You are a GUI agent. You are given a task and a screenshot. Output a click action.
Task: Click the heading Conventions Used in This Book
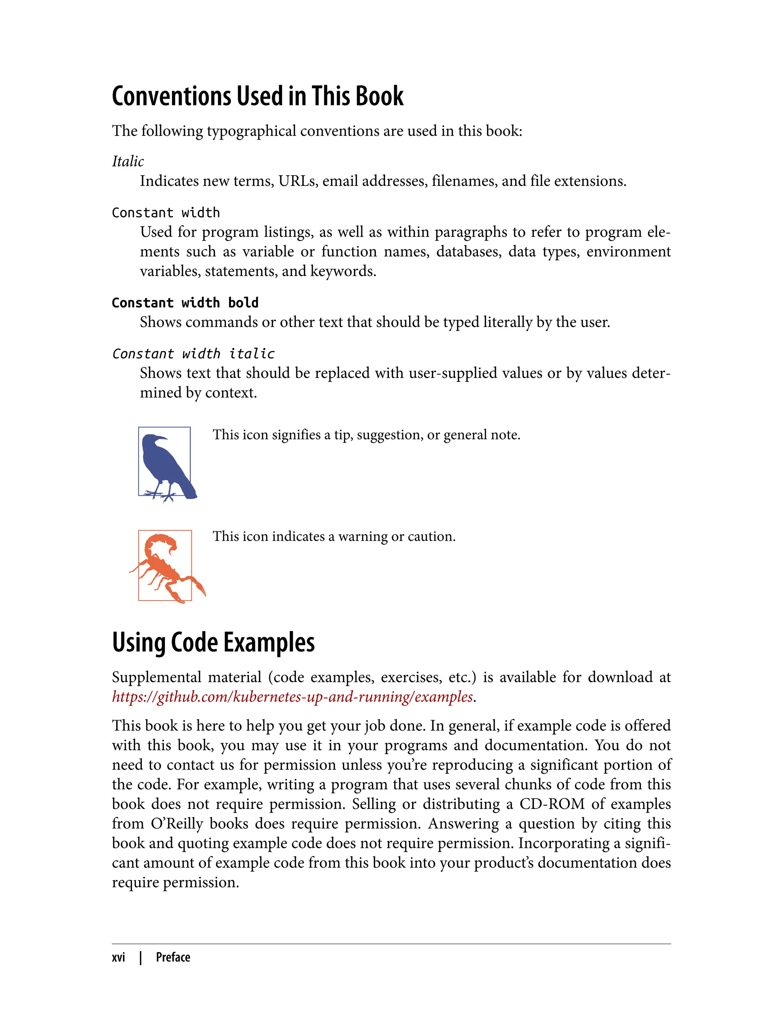coord(257,96)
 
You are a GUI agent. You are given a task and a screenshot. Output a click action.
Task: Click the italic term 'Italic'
coord(128,161)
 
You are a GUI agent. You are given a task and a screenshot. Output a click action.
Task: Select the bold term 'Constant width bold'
coord(185,303)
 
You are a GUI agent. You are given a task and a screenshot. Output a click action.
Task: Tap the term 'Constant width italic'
coord(193,353)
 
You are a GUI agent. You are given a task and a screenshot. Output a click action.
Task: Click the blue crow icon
coord(165,464)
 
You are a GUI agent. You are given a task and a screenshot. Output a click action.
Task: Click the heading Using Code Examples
coord(213,642)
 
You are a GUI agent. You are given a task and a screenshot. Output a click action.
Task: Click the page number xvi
coord(119,957)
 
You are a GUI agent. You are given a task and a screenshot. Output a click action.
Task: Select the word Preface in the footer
coord(173,957)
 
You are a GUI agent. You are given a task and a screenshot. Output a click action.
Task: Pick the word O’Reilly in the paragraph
coord(177,823)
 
